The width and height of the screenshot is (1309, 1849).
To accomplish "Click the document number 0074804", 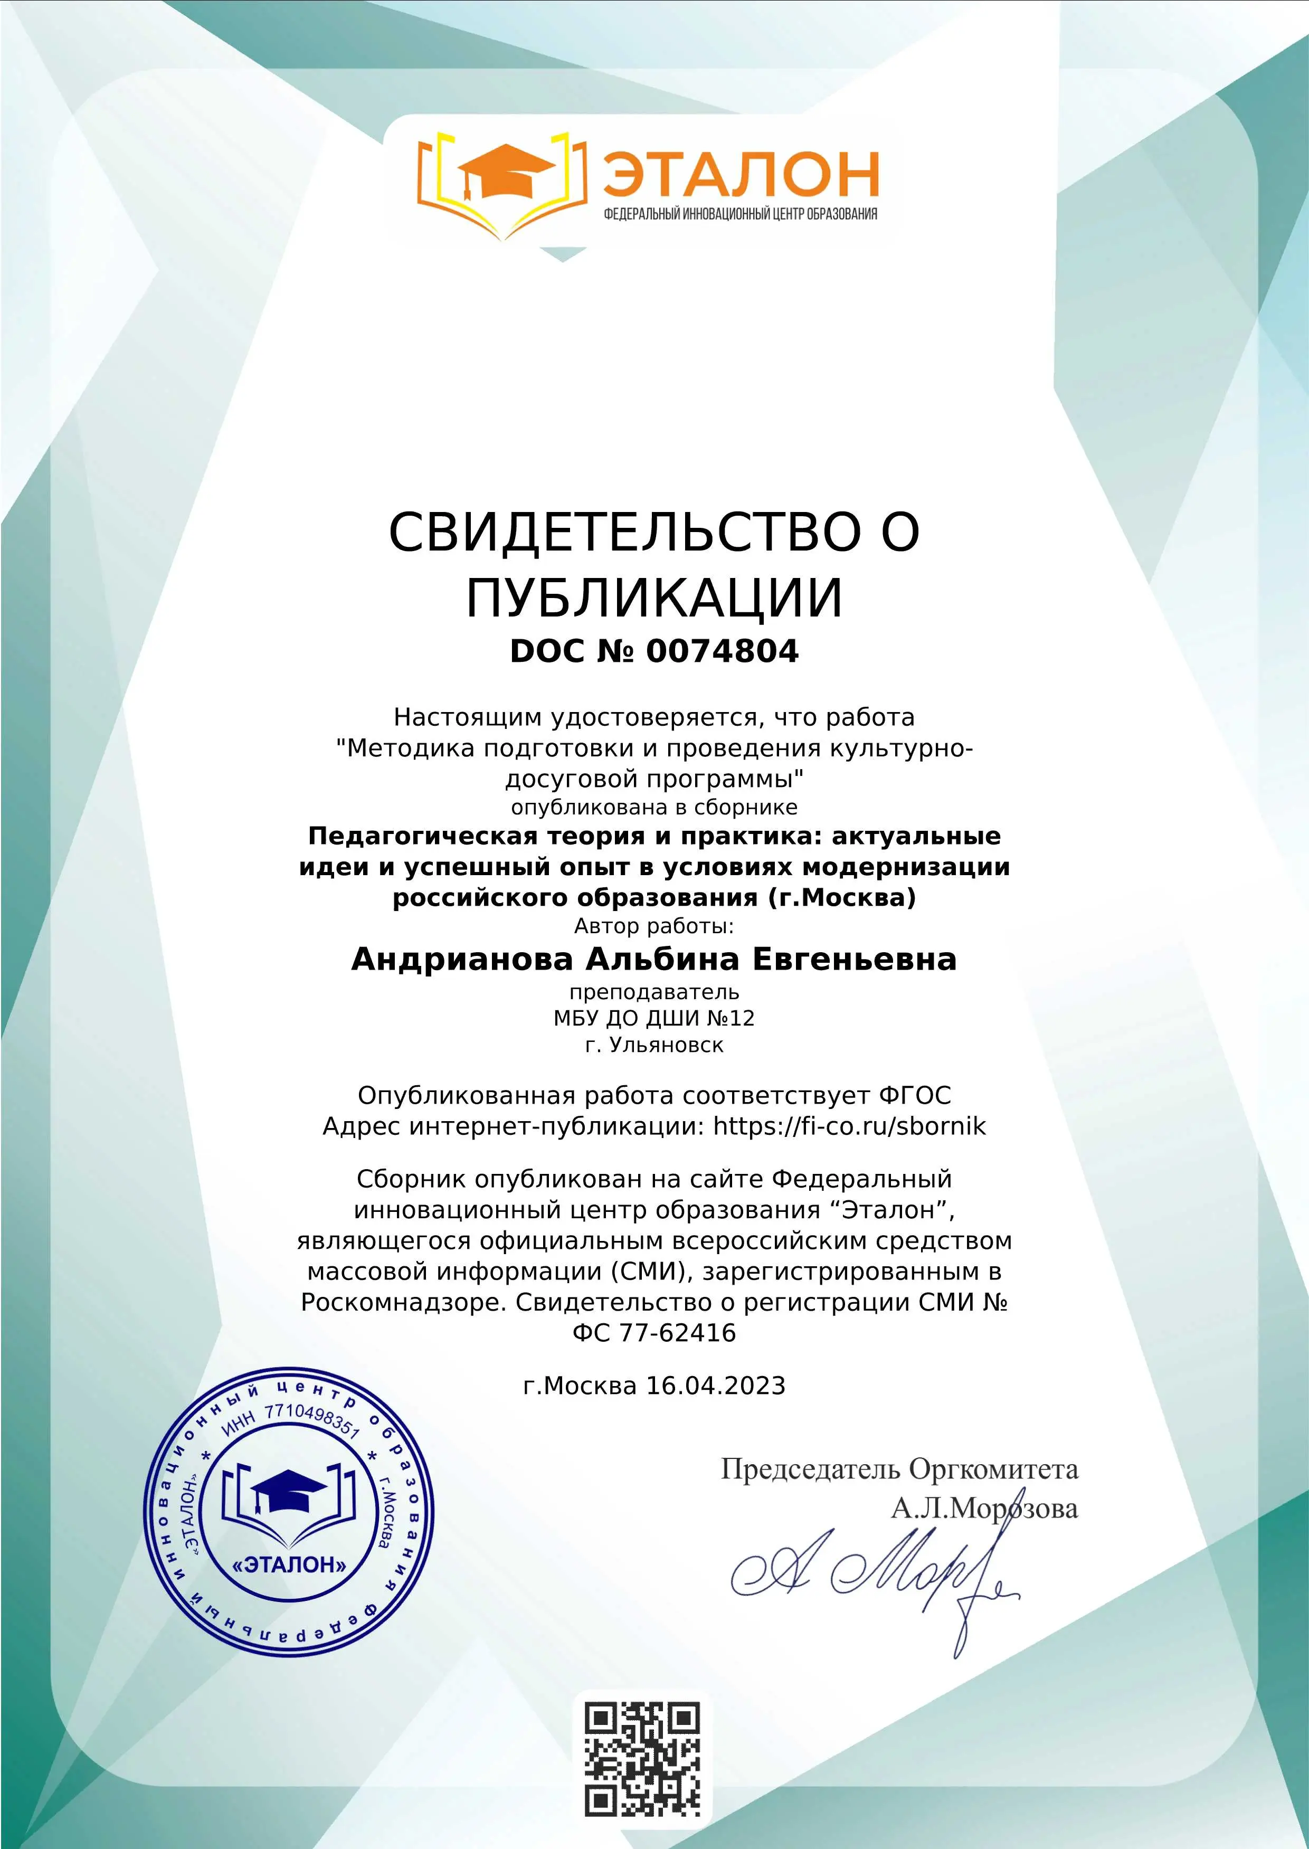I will point(722,651).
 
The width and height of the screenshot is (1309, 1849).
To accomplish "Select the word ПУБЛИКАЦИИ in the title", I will point(654,598).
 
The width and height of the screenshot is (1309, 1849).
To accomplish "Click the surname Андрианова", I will point(462,959).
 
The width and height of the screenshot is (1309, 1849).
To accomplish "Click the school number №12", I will point(731,1018).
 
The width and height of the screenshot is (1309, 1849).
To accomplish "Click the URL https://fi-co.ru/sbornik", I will point(850,1125).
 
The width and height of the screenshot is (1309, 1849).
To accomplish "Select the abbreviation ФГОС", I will point(915,1095).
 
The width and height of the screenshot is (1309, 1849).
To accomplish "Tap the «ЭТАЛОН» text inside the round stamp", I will point(289,1564).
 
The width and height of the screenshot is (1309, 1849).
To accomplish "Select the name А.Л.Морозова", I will point(984,1507).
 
